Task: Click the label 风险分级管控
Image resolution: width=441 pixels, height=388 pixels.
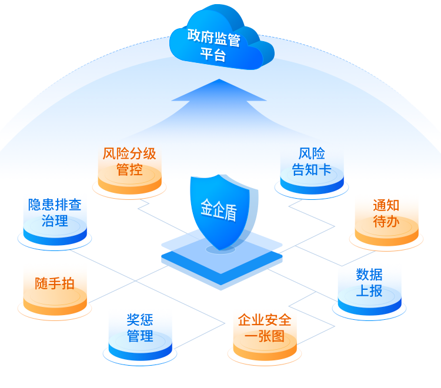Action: click(x=129, y=162)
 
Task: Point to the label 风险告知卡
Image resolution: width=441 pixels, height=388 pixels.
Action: click(x=312, y=162)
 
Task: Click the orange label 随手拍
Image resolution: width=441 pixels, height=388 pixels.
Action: click(x=55, y=283)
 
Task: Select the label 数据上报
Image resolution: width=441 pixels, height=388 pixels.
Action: click(x=369, y=282)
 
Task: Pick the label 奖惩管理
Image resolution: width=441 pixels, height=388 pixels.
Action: click(x=140, y=328)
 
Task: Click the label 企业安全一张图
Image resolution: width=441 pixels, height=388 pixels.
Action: click(x=265, y=328)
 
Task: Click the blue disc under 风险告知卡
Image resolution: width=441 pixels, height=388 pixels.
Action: click(x=312, y=183)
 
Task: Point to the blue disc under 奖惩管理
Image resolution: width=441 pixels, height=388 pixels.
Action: click(x=140, y=350)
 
